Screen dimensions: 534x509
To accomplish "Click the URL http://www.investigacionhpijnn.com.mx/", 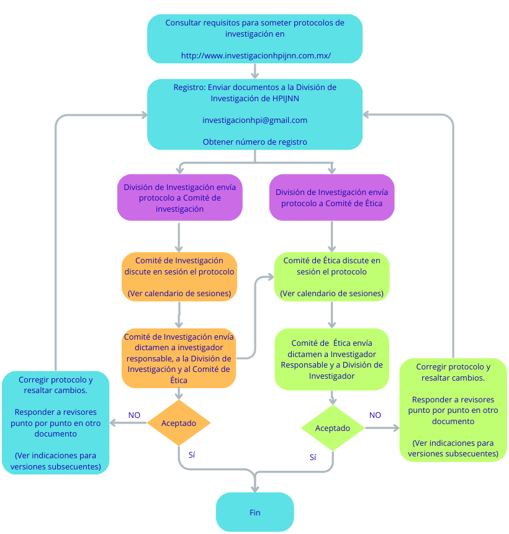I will [x=255, y=56].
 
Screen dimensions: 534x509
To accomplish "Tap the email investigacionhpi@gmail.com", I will [x=254, y=120].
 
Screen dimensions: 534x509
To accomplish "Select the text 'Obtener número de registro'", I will [x=254, y=142].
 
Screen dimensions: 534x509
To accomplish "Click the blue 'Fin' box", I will [x=254, y=512].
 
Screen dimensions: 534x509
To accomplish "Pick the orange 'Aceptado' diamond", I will [x=179, y=423].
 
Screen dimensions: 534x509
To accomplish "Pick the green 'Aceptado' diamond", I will [x=333, y=428].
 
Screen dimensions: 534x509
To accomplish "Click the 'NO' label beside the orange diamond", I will [x=134, y=415].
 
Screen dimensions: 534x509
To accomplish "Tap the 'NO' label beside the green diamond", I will [x=375, y=415].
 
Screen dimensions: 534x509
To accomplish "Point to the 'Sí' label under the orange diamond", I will [x=192, y=455].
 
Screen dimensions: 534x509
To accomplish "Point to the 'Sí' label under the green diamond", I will [x=313, y=457].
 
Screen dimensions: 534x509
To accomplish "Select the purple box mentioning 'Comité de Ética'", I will [x=331, y=197].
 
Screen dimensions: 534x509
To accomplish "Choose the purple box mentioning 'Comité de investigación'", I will [x=179, y=197].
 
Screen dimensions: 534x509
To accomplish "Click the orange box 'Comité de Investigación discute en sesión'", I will [x=179, y=277].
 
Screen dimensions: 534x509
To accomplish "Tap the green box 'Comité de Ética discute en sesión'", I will [x=331, y=277].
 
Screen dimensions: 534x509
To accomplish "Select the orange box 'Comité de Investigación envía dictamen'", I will [x=179, y=359].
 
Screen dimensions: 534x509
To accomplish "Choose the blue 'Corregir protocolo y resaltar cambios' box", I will [x=56, y=422].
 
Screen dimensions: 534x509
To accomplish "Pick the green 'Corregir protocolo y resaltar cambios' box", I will [x=453, y=410].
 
